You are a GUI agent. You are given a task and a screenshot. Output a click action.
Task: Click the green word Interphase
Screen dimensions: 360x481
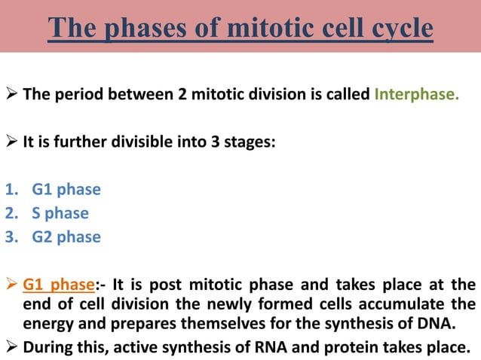(416, 96)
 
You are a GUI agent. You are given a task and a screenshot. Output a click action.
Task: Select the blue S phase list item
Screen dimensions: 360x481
(60, 213)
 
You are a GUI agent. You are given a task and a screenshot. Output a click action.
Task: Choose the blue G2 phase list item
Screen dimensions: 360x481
(66, 236)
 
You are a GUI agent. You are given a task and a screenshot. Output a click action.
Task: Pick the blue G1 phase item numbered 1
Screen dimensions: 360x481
(66, 190)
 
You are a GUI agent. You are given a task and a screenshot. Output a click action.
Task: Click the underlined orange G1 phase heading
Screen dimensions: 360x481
(60, 285)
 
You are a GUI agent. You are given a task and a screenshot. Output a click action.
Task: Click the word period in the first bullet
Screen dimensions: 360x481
(83, 96)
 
